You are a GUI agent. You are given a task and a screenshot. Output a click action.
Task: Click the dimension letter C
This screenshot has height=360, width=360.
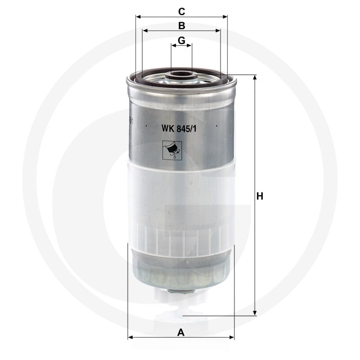(x=181, y=11)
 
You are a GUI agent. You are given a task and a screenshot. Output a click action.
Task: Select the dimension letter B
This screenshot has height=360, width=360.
(x=182, y=26)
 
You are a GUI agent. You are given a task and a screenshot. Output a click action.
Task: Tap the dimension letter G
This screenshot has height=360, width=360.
(x=181, y=40)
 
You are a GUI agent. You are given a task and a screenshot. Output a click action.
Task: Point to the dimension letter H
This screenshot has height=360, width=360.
(x=260, y=196)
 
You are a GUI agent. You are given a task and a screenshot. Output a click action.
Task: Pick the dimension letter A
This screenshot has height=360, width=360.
(x=181, y=332)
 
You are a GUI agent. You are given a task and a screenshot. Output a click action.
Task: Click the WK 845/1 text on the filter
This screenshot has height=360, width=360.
(x=179, y=129)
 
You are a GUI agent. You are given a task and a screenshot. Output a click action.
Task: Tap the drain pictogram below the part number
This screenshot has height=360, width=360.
(x=172, y=150)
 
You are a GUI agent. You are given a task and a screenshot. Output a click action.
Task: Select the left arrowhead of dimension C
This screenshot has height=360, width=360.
(x=138, y=17)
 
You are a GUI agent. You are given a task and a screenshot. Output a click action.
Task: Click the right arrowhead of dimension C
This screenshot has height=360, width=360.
(x=225, y=17)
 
